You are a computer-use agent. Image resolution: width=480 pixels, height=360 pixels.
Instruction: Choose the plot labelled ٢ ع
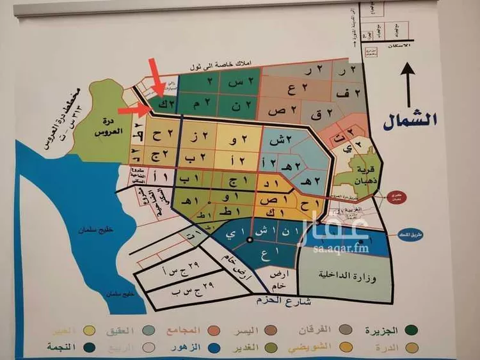292,89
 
